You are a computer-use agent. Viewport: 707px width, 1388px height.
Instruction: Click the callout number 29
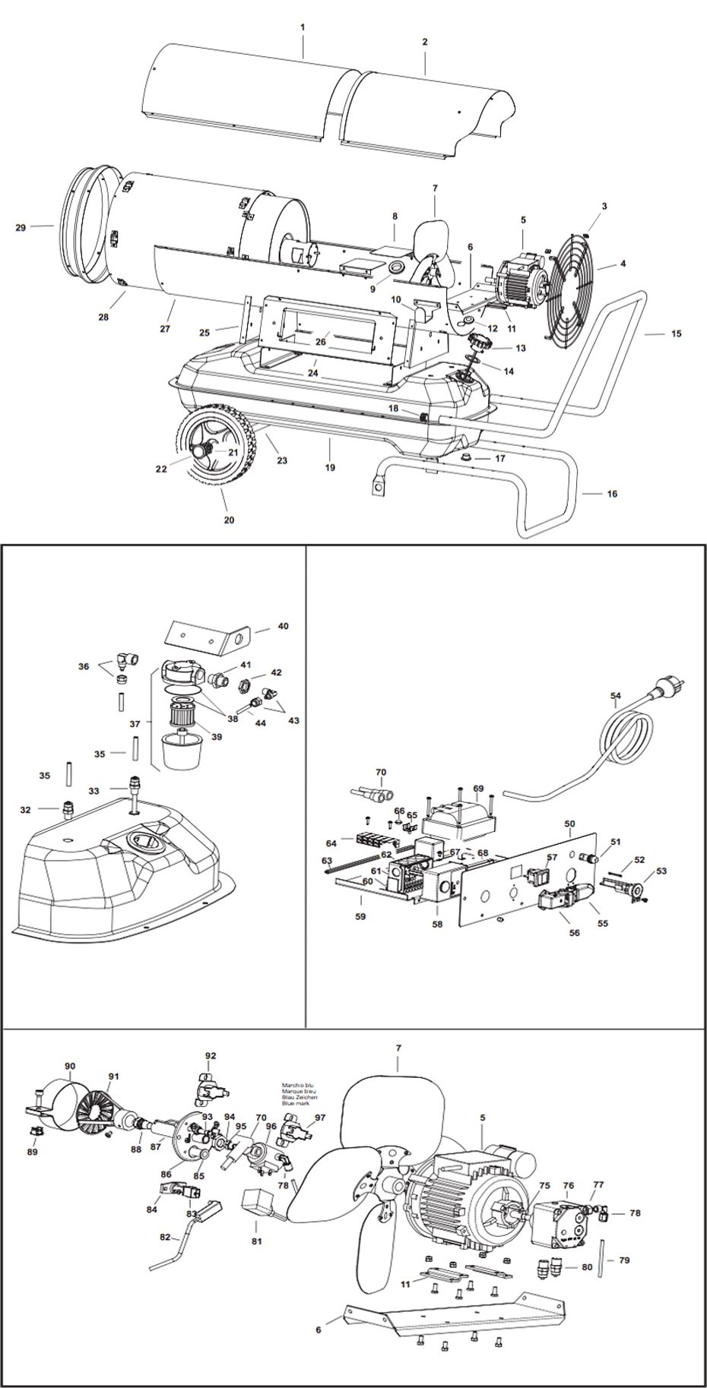click(x=21, y=227)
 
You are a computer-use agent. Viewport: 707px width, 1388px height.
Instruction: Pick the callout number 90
click(x=70, y=1067)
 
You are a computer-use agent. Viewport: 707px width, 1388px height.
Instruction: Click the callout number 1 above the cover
click(x=303, y=27)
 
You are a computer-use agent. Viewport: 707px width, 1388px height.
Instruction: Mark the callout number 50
click(x=569, y=824)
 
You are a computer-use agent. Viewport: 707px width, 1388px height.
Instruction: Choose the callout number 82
click(x=165, y=1237)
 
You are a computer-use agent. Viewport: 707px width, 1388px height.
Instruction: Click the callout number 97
click(x=319, y=1118)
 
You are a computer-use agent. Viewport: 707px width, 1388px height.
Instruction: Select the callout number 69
click(x=478, y=789)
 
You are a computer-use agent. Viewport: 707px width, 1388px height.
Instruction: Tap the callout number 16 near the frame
click(x=611, y=494)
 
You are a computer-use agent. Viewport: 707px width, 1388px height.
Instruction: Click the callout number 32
click(x=26, y=810)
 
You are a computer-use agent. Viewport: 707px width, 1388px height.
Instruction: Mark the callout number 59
click(x=360, y=916)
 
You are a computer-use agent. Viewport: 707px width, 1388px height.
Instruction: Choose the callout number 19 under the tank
click(x=330, y=468)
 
